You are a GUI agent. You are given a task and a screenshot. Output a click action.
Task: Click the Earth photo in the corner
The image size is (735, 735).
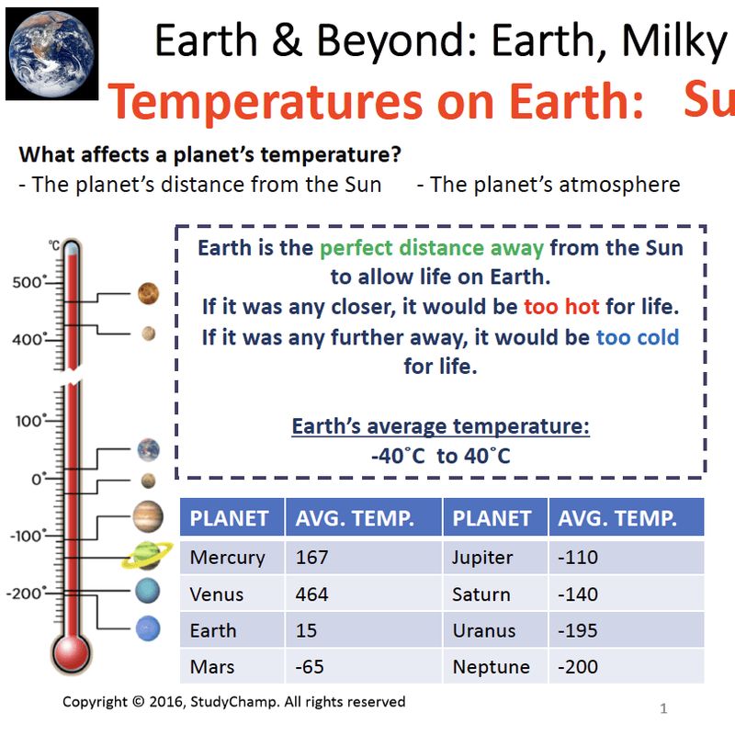tap(52, 53)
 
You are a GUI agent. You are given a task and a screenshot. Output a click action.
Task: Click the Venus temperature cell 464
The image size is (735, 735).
tap(311, 594)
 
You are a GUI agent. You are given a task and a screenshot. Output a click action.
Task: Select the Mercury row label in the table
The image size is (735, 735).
tap(227, 558)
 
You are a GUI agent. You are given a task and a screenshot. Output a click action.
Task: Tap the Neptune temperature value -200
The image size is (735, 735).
tap(580, 667)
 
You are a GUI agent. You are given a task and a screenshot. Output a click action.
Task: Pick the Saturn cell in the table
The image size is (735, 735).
tap(481, 594)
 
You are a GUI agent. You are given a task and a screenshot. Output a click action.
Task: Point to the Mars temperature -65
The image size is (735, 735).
tap(310, 667)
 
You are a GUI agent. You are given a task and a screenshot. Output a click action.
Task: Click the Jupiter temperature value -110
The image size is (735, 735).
tap(576, 558)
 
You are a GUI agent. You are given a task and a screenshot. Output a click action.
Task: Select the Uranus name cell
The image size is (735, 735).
tap(483, 631)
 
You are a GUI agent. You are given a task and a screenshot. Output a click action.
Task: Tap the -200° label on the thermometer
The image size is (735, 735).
tap(25, 594)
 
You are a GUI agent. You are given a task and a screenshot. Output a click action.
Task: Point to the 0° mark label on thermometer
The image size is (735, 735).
tap(38, 479)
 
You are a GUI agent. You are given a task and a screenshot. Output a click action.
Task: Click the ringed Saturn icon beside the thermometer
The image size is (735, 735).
tap(148, 555)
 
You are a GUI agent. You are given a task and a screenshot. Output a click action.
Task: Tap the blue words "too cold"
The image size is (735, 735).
tap(637, 337)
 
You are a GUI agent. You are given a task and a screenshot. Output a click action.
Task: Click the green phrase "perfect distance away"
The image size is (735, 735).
tap(431, 248)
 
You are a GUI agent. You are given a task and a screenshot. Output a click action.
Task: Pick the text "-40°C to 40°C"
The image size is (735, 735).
tap(440, 456)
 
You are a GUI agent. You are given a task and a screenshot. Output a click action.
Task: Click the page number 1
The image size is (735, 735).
tap(663, 709)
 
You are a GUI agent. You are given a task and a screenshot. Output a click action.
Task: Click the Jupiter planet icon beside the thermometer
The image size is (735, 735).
tap(148, 516)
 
